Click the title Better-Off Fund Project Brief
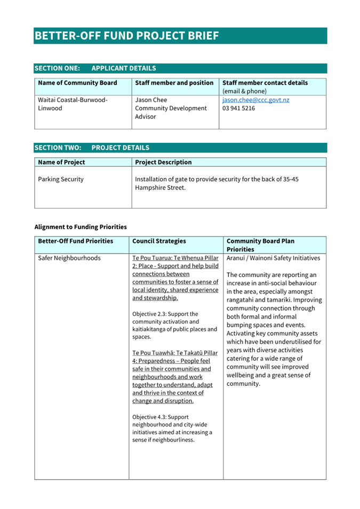point(126,36)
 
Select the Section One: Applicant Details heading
point(95,68)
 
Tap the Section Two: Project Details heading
point(92,148)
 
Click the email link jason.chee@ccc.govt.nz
point(255,100)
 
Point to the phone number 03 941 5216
point(238,108)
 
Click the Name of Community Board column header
point(77,83)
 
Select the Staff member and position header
point(174,83)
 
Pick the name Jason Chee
point(151,100)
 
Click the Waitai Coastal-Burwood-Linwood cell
point(73,104)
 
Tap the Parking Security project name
point(61,179)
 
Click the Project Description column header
point(163,162)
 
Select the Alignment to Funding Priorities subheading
point(81,227)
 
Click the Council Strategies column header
point(159,241)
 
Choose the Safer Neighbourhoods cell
point(69,258)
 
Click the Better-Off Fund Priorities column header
point(76,241)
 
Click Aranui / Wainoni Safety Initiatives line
point(273,258)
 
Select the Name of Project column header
point(61,162)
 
